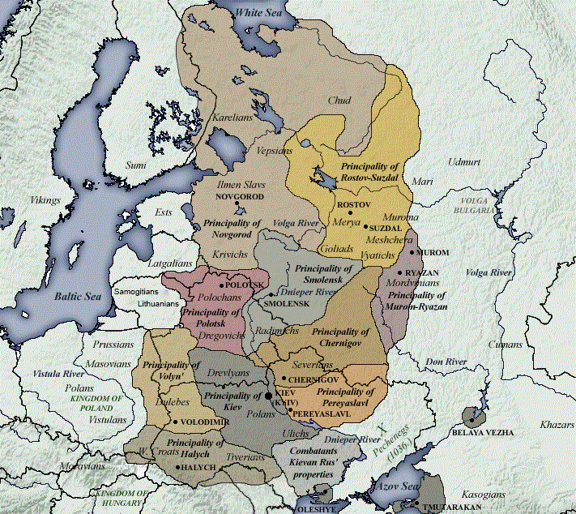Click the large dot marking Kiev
[x=268, y=395]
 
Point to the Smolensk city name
[x=287, y=303]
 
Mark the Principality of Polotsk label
[x=210, y=317]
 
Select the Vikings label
[x=45, y=199]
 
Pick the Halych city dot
[x=177, y=467]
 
